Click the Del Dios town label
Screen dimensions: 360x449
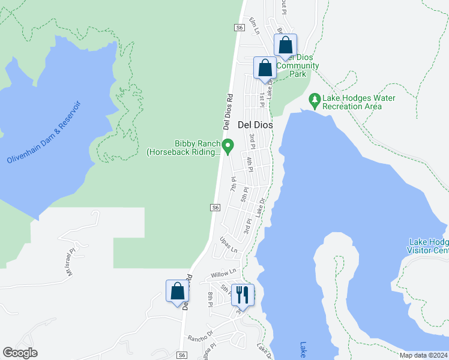point(255,125)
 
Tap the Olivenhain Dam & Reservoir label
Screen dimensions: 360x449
point(43,133)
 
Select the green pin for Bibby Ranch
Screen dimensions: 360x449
point(228,145)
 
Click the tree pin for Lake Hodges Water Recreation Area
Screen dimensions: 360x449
point(313,98)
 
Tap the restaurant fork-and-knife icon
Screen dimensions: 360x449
point(243,295)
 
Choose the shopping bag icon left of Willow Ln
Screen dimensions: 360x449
point(178,292)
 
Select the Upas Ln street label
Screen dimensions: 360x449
point(229,245)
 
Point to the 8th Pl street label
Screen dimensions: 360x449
point(211,298)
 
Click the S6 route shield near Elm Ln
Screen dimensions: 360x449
point(240,28)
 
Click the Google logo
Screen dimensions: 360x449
point(20,353)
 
